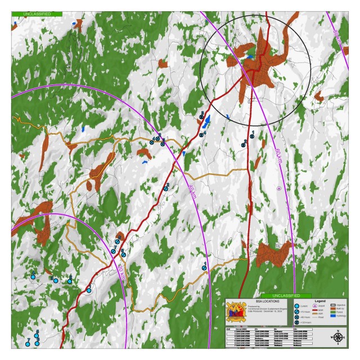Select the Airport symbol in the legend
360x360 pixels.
pyautogui.click(x=314, y=305)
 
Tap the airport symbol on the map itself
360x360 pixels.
pyautogui.click(x=279, y=188)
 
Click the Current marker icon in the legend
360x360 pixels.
pyautogui.click(x=296, y=306)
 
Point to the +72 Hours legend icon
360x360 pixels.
pyautogui.click(x=296, y=312)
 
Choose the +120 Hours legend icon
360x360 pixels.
pyautogui.click(x=296, y=322)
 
